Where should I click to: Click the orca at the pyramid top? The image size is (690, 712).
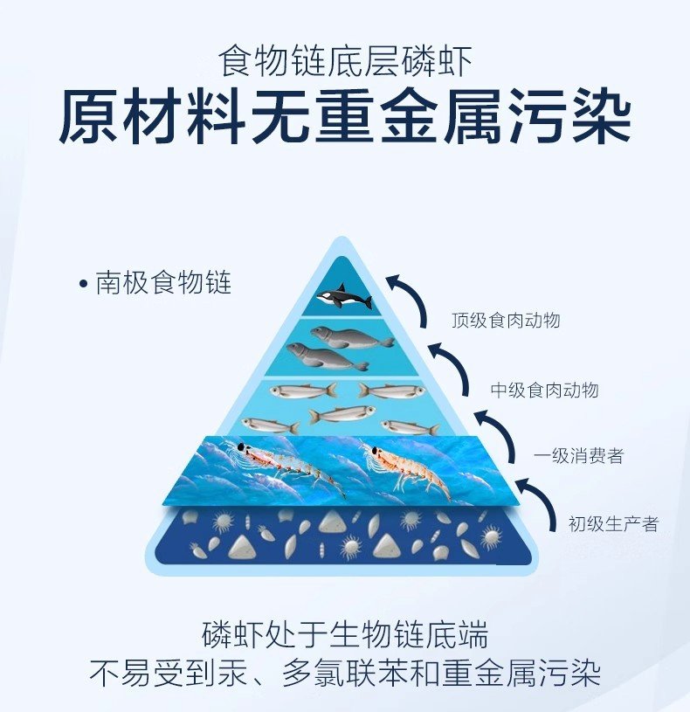click(344, 297)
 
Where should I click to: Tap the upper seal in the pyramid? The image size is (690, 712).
click(352, 337)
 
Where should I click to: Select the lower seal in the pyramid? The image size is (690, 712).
click(327, 356)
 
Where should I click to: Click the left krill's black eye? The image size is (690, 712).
click(240, 446)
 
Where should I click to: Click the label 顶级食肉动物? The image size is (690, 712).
click(506, 320)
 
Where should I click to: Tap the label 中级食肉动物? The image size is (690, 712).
click(544, 390)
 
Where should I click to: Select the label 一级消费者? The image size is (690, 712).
click(578, 455)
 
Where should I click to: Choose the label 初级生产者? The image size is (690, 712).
click(613, 524)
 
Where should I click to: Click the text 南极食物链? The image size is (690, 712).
click(163, 283)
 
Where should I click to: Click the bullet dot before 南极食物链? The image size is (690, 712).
click(83, 284)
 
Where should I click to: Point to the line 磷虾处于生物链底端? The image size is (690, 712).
click(345, 634)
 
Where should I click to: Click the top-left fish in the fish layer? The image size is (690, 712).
click(303, 391)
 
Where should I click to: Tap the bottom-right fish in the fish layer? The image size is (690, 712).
click(410, 427)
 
